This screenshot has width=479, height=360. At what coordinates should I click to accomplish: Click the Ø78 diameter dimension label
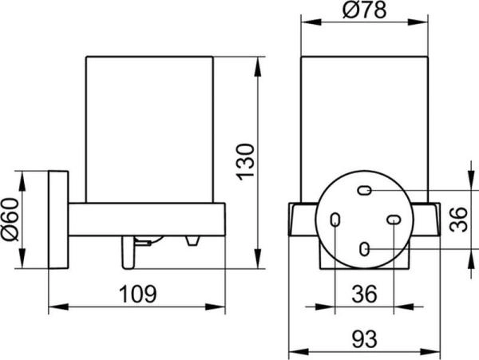(365, 10)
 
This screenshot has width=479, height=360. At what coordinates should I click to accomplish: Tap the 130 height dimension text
(245, 162)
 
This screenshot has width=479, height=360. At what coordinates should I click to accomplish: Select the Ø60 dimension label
(10, 220)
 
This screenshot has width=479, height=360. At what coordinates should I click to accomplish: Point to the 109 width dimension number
(137, 294)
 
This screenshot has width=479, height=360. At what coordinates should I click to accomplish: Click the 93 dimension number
(365, 339)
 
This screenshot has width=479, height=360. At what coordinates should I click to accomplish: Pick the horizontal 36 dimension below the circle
(364, 294)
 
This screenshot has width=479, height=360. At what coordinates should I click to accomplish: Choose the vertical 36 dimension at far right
(459, 220)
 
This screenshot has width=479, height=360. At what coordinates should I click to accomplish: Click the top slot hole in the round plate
(365, 191)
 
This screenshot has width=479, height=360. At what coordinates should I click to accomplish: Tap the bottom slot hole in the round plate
(365, 249)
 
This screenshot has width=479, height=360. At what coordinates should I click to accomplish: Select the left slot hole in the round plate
(335, 220)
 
